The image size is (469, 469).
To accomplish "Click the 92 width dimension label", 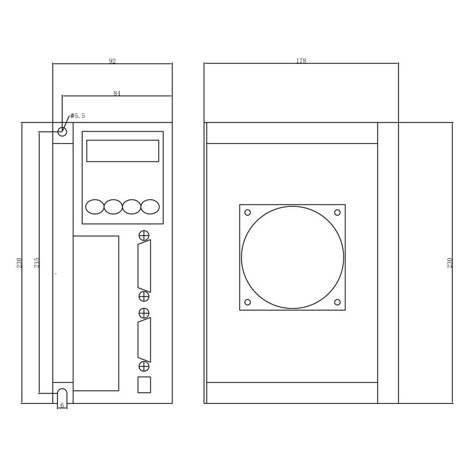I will pos(113,61).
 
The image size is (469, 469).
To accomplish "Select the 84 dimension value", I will pos(117,93).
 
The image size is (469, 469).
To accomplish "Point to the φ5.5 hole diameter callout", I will pos(78,116).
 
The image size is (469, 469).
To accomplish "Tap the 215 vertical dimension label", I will pos(36,262).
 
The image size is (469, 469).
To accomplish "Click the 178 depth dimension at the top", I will pos(301,61).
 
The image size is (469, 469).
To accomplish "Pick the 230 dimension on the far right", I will pos(450,263).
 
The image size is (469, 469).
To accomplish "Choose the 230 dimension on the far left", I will pos(19,263).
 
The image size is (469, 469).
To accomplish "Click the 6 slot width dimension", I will pos(62,405).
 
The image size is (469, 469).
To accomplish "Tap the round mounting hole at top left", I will pos(62,131).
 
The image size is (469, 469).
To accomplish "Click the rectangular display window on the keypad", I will pos(123,151).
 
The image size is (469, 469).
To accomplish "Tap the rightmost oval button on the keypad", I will pos(150,206).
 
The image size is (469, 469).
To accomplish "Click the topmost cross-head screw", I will pos(144,236).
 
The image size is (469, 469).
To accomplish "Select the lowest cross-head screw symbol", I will pos(144,366).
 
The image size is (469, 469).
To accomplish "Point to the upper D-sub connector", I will pos(144,266).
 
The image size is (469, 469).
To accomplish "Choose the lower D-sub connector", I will pos(144,339).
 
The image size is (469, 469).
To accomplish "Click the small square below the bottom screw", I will pos(144,385).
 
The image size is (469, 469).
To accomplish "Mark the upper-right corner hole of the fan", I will pos(337,212).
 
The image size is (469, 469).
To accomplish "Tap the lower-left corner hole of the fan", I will pos(247,303).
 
